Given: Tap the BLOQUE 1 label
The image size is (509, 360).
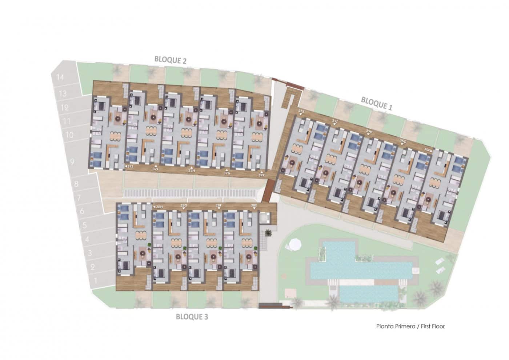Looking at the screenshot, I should tap(377, 103).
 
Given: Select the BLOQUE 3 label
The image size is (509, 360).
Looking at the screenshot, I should tap(192, 317).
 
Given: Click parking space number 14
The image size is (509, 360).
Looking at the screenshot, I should tap(60, 77).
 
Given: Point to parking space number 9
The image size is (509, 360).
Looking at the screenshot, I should tap(72, 161).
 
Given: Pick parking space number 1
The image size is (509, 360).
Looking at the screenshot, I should tap(96, 281).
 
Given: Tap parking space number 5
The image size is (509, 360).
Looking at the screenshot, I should tap(84, 225).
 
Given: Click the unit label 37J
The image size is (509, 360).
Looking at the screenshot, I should tap(130, 167).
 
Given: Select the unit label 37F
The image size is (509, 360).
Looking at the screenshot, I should tap(261, 175).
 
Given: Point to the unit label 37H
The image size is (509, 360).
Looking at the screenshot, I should tap(192, 171).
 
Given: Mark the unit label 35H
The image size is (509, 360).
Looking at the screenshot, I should tap(369, 132).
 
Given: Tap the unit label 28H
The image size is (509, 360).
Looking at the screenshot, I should tap(159, 207).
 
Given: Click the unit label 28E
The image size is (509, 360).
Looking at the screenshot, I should tap(254, 206).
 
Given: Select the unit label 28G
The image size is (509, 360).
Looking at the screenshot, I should tap(183, 206).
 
